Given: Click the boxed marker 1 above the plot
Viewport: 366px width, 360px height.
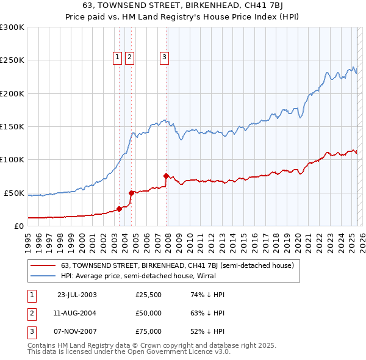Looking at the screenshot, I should [117, 57].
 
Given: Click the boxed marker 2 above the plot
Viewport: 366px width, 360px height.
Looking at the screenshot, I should [129, 57].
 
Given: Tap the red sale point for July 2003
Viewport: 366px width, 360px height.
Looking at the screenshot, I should [120, 209].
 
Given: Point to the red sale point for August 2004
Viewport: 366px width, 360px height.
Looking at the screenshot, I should [131, 193].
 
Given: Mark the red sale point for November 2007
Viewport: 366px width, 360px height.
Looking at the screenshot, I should [166, 176].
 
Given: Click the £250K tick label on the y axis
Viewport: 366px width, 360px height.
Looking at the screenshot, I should [12, 60].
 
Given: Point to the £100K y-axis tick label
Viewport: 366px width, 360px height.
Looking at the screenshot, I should [12, 159].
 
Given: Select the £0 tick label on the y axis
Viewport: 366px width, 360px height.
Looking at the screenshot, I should [18, 226].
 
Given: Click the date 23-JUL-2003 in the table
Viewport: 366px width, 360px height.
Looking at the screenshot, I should [76, 295].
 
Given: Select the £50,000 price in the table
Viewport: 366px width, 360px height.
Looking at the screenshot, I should [148, 313].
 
